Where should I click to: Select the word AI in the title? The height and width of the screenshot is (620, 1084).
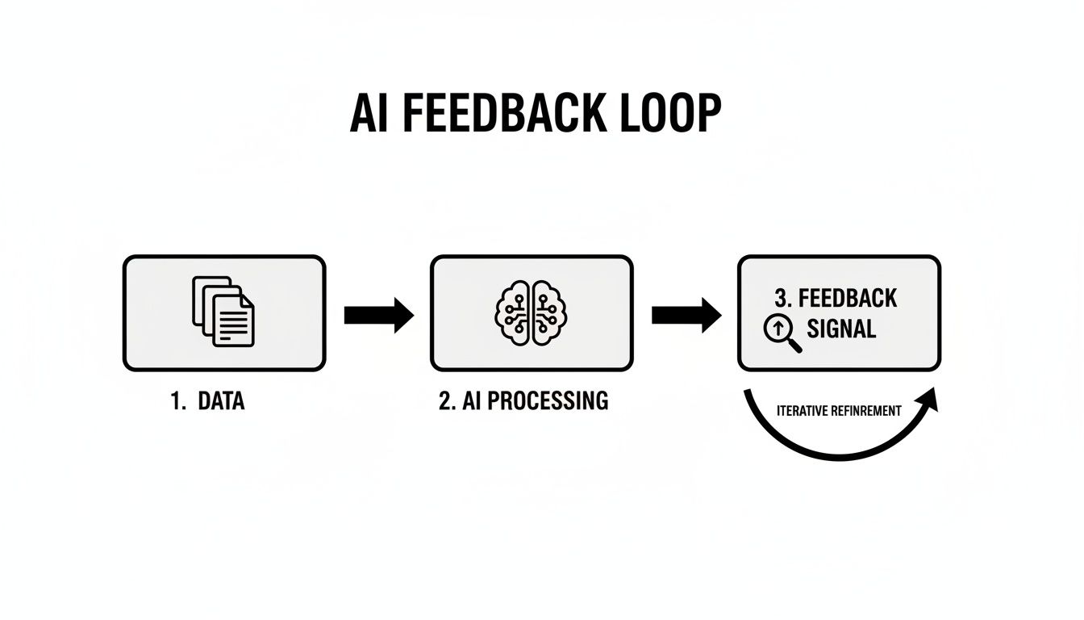coord(370,114)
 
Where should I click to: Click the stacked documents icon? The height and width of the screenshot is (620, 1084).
coord(223,312)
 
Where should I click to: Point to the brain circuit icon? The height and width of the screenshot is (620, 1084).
coord(531,313)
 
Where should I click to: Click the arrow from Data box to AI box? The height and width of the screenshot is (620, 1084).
coord(378,314)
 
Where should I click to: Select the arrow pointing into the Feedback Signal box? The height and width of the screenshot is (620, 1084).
coord(686,314)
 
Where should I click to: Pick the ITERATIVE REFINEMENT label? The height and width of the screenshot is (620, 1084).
coord(839,411)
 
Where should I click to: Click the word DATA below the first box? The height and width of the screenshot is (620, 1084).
coord(220,401)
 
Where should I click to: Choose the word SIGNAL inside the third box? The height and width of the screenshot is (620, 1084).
coord(840,329)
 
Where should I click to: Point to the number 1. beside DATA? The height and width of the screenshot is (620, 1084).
coord(178,401)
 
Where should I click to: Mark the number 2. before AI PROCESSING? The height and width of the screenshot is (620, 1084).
coord(447,401)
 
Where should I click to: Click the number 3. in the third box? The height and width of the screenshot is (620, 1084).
coord(783,298)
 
